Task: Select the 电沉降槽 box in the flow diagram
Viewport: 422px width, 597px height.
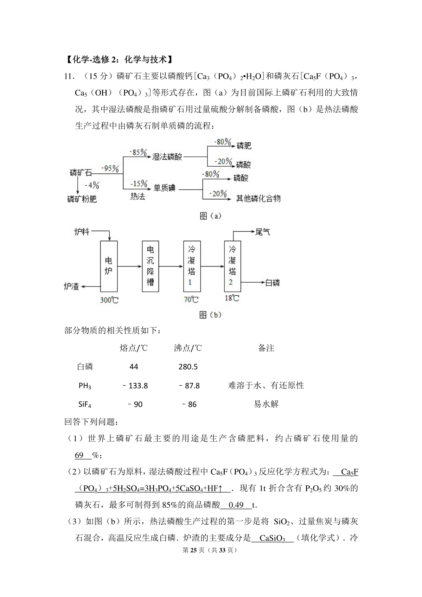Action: (x=150, y=266)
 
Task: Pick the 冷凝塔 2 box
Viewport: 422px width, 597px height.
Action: (x=232, y=266)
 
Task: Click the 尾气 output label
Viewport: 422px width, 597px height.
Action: (x=263, y=232)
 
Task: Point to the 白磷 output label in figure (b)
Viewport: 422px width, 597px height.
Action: (x=272, y=282)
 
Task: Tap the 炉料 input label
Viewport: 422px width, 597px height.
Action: (x=82, y=232)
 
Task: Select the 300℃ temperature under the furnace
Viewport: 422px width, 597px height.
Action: (x=109, y=300)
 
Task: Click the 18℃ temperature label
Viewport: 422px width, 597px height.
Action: (x=232, y=298)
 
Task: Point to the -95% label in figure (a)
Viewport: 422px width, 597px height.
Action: (x=110, y=168)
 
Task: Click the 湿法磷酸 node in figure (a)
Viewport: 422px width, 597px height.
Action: (x=167, y=157)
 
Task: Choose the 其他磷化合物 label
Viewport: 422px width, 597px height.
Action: (x=258, y=199)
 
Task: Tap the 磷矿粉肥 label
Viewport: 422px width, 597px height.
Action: (x=82, y=199)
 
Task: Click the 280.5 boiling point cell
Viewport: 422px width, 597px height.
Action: (x=188, y=367)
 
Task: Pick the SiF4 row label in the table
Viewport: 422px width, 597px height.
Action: (x=85, y=405)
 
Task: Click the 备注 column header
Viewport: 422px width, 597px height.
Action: (x=266, y=348)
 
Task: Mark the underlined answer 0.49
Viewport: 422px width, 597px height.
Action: (x=236, y=505)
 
